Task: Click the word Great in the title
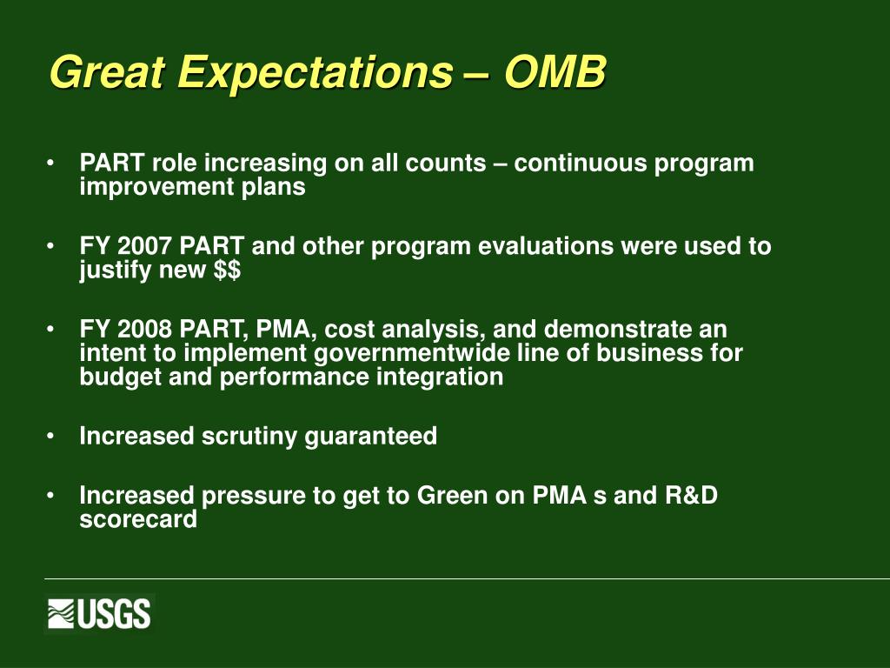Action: (107, 71)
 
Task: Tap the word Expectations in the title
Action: (315, 73)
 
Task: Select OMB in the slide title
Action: (555, 71)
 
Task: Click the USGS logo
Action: (99, 613)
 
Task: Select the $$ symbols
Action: (227, 270)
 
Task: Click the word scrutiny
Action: (249, 437)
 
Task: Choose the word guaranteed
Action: (370, 437)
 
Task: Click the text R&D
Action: (691, 495)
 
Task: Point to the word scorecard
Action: (138, 518)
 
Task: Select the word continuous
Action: (580, 163)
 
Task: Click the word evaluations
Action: (546, 246)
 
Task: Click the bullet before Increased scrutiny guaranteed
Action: (50, 437)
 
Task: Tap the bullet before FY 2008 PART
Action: (50, 329)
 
